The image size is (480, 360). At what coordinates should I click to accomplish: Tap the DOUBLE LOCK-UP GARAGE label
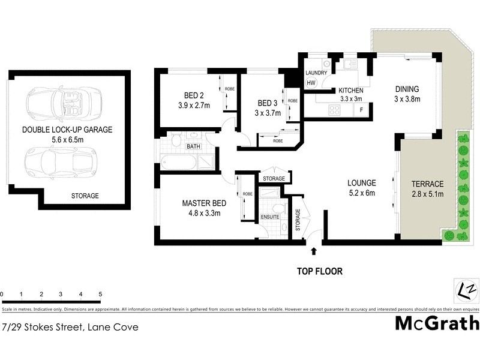[67, 130]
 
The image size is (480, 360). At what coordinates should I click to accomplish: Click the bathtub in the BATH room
[178, 162]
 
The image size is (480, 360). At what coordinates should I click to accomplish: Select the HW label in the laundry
[311, 83]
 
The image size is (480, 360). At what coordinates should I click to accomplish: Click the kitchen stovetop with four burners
[334, 110]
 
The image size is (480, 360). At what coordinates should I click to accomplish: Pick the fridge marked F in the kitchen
[361, 110]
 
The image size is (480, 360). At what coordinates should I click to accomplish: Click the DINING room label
[406, 88]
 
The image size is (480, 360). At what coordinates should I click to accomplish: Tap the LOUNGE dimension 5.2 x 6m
[361, 194]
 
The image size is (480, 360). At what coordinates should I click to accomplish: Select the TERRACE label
[427, 184]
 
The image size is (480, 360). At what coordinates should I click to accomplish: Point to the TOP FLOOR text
[320, 271]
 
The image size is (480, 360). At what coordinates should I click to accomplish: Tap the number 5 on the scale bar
[100, 295]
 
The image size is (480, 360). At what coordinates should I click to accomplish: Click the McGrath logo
[437, 323]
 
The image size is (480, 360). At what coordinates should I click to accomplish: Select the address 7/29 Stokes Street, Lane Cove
[70, 327]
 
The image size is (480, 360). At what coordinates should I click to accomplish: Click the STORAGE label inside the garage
[85, 196]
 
